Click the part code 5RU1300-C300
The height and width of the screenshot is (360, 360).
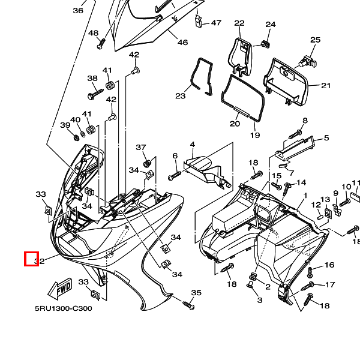tap(63, 309)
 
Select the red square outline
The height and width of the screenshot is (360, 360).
tap(31, 259)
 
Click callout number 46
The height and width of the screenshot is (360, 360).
tap(182, 43)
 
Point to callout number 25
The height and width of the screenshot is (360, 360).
tap(315, 40)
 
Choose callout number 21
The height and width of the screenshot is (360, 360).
tap(326, 86)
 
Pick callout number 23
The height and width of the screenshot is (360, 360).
tap(181, 96)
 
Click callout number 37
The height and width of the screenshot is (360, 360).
tap(141, 148)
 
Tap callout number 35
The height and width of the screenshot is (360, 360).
tap(196, 293)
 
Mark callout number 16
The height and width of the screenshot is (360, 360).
tap(329, 265)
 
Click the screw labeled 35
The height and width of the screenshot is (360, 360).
tap(188, 305)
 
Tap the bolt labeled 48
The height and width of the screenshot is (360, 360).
tap(101, 43)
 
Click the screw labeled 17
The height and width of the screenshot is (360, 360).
tap(311, 284)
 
